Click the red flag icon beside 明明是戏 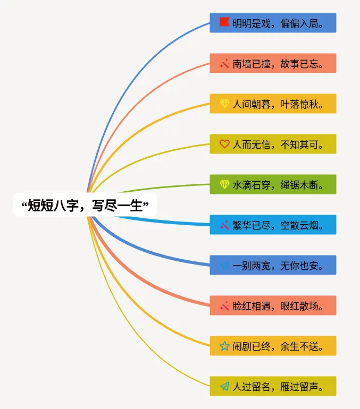pos(224,23)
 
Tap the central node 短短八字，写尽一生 pos(85,206)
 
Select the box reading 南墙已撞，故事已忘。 pos(273,63)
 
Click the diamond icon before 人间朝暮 pos(224,104)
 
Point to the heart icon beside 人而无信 pos(224,144)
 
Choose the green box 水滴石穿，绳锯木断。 pos(273,184)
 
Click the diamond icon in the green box pos(224,184)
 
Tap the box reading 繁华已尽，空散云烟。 pos(273,225)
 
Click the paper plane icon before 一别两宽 pos(224,265)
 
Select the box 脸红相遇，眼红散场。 pos(273,305)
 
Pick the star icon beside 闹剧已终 pos(224,346)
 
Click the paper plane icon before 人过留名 pos(224,386)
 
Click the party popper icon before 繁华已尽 pos(224,225)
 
